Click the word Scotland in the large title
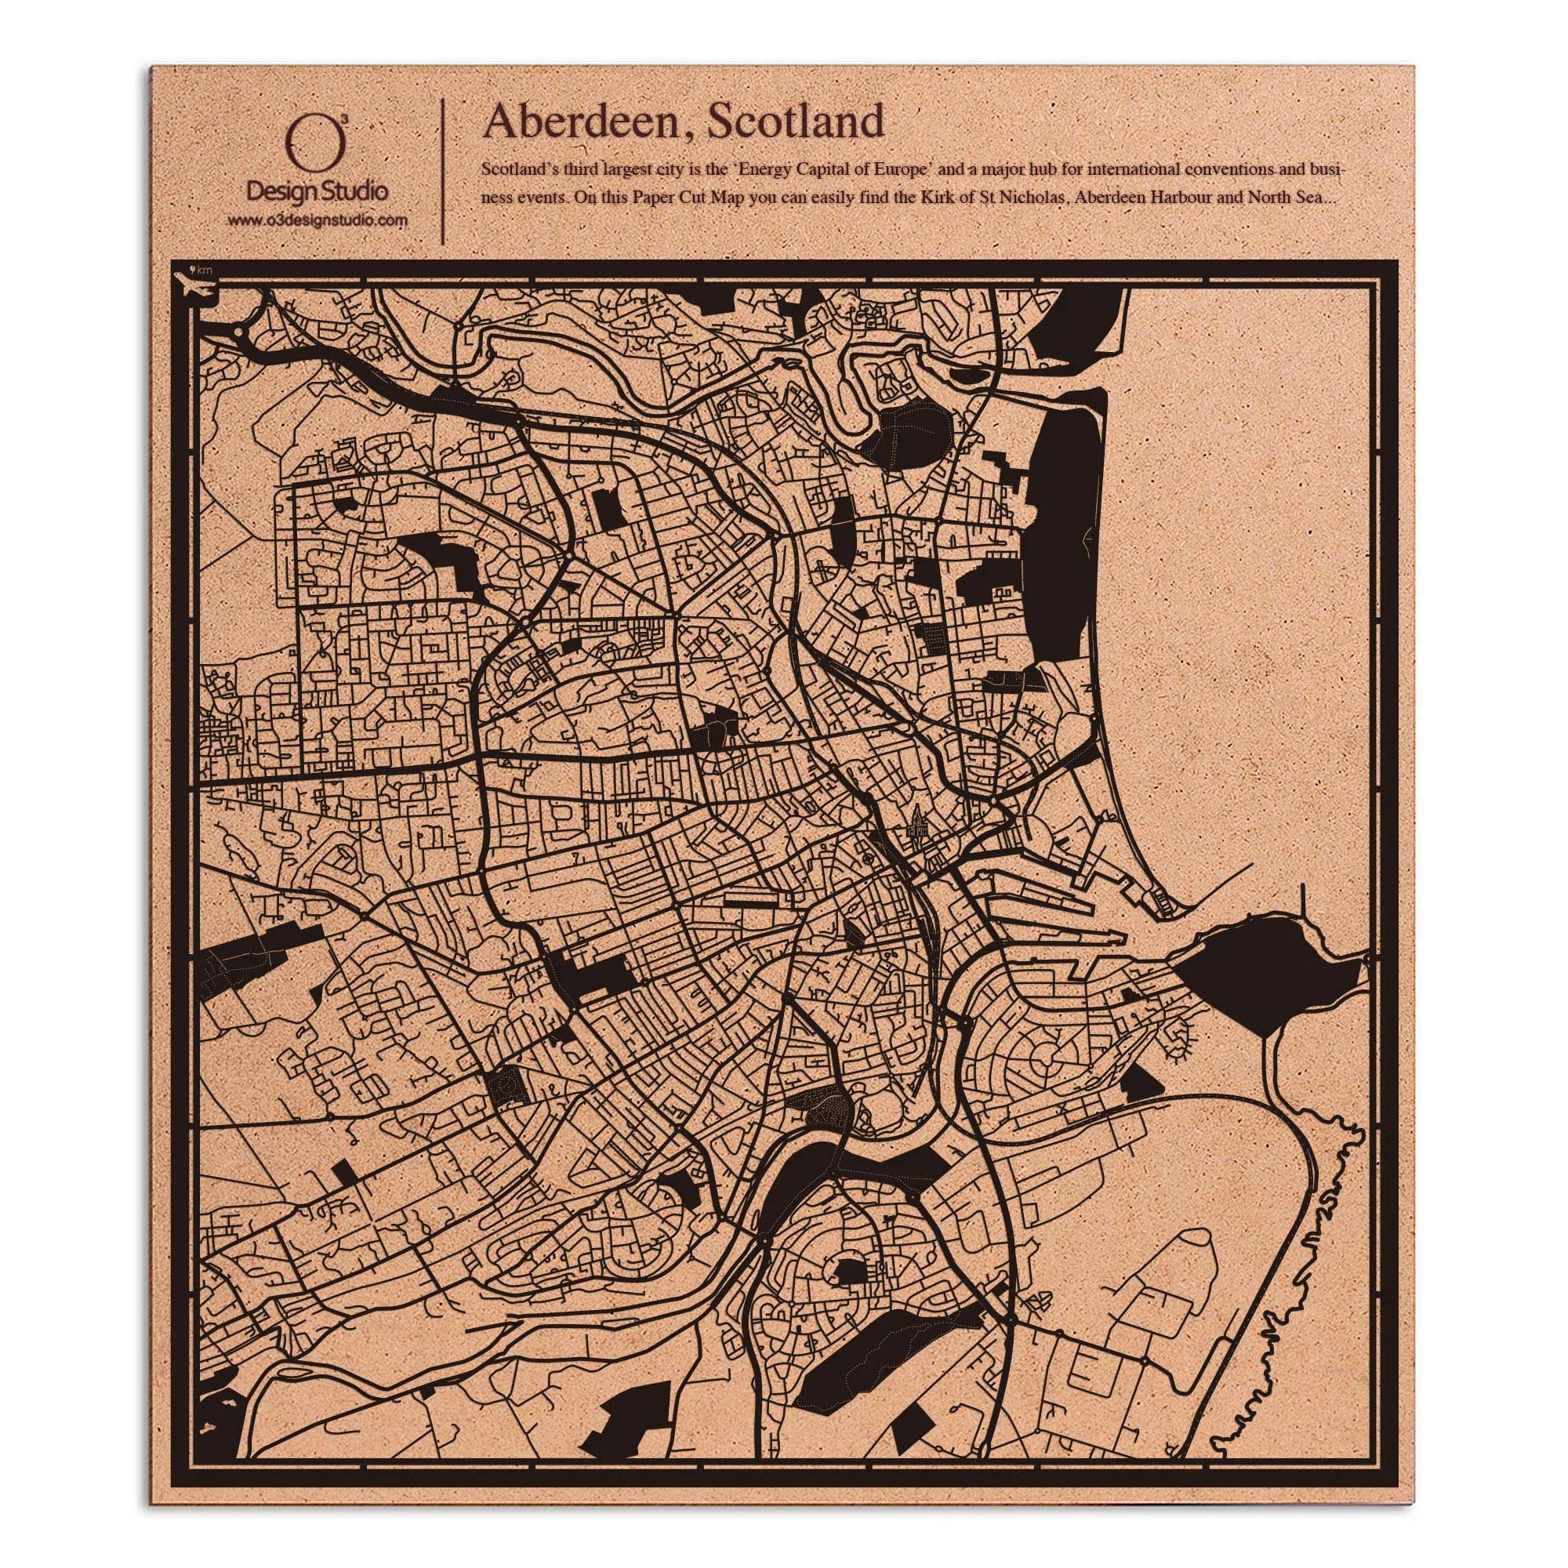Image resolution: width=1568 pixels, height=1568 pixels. click(x=794, y=122)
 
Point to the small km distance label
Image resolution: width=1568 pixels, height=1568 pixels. click(x=204, y=269)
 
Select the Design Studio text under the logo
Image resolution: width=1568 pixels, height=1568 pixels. click(x=317, y=191)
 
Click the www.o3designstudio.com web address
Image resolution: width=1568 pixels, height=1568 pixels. click(x=317, y=220)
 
